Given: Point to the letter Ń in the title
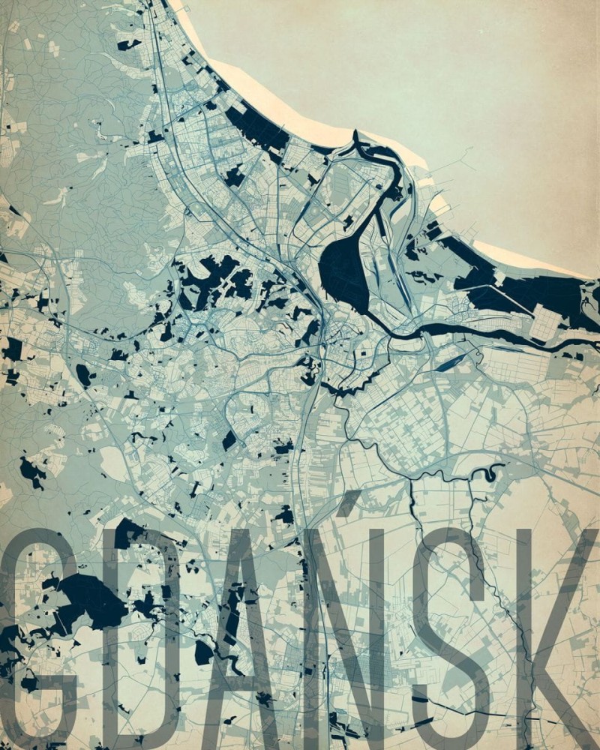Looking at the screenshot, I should tap(352, 637).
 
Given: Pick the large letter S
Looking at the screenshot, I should tap(450, 637).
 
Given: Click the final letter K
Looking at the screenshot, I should tap(555, 637).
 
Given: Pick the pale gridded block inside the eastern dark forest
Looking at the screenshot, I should tap(545, 322).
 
